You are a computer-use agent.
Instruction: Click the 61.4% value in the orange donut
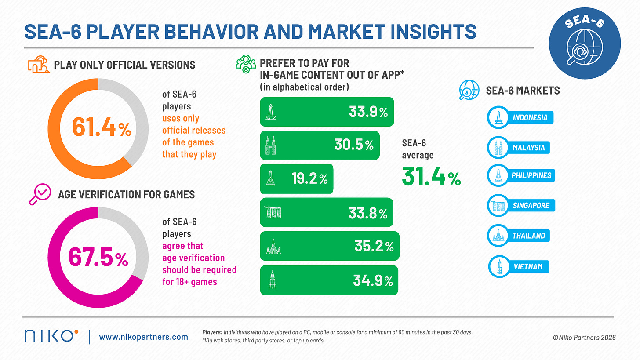pyautogui.click(x=102, y=127)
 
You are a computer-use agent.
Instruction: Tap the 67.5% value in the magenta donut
pyautogui.click(x=98, y=257)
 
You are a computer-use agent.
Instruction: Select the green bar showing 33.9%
pyautogui.click(x=327, y=112)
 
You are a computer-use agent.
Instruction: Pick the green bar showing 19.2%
pyautogui.click(x=297, y=179)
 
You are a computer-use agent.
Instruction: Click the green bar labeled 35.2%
pyautogui.click(x=329, y=246)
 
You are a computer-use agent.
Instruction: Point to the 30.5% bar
pyautogui.click(x=320, y=145)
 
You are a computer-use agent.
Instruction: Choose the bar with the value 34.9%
pyautogui.click(x=329, y=280)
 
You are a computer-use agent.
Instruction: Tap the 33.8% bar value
pyautogui.click(x=368, y=213)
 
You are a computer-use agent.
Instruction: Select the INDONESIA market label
pyautogui.click(x=530, y=117)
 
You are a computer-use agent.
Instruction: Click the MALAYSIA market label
pyautogui.click(x=528, y=147)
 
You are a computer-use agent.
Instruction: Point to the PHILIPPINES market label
pyautogui.click(x=531, y=175)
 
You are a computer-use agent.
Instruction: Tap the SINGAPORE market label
pyautogui.click(x=531, y=205)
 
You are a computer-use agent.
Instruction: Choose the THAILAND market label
pyautogui.click(x=528, y=236)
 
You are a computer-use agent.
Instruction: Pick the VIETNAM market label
pyautogui.click(x=528, y=266)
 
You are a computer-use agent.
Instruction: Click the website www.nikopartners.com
pyautogui.click(x=143, y=337)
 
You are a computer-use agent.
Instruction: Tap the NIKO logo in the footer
pyautogui.click(x=51, y=336)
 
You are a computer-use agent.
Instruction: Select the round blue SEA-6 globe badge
pyautogui.click(x=585, y=44)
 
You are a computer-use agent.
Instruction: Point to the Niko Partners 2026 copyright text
pyautogui.click(x=584, y=338)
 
